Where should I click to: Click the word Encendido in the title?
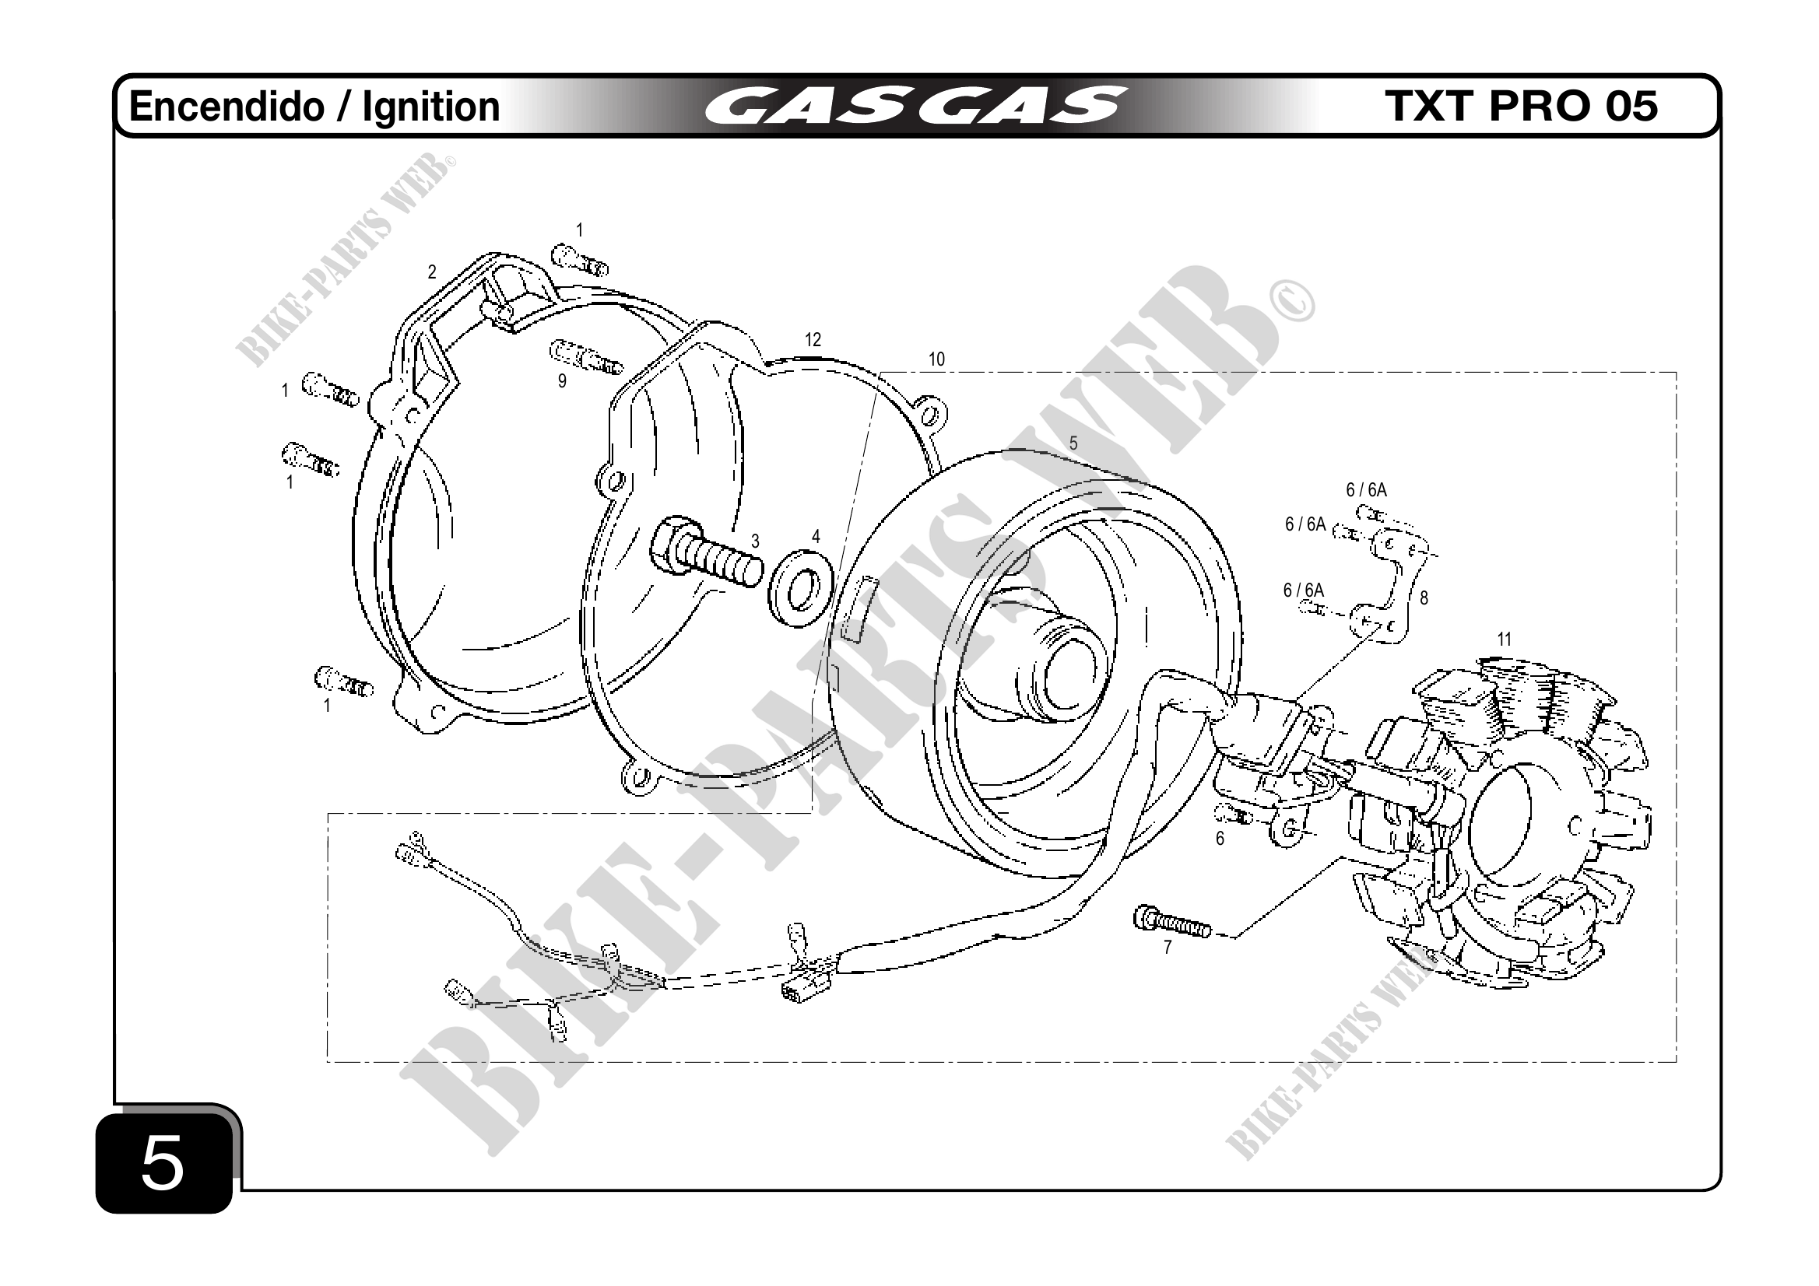pyautogui.click(x=226, y=107)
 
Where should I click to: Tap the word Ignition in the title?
pyautogui.click(x=431, y=107)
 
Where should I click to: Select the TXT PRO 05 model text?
pyautogui.click(x=1521, y=106)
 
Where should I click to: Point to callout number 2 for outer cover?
pyautogui.click(x=432, y=272)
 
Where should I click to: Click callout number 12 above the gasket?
pyautogui.click(x=813, y=340)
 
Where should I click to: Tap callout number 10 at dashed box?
pyautogui.click(x=936, y=359)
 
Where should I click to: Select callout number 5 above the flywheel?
pyautogui.click(x=1073, y=443)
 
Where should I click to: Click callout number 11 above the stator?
pyautogui.click(x=1504, y=639)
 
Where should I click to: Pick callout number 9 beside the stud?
pyautogui.click(x=562, y=382)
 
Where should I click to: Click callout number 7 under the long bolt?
pyautogui.click(x=1167, y=947)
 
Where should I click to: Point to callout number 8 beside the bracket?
pyautogui.click(x=1424, y=599)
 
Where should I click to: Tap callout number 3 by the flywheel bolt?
pyautogui.click(x=755, y=541)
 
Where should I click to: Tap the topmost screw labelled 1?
pyautogui.click(x=580, y=259)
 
